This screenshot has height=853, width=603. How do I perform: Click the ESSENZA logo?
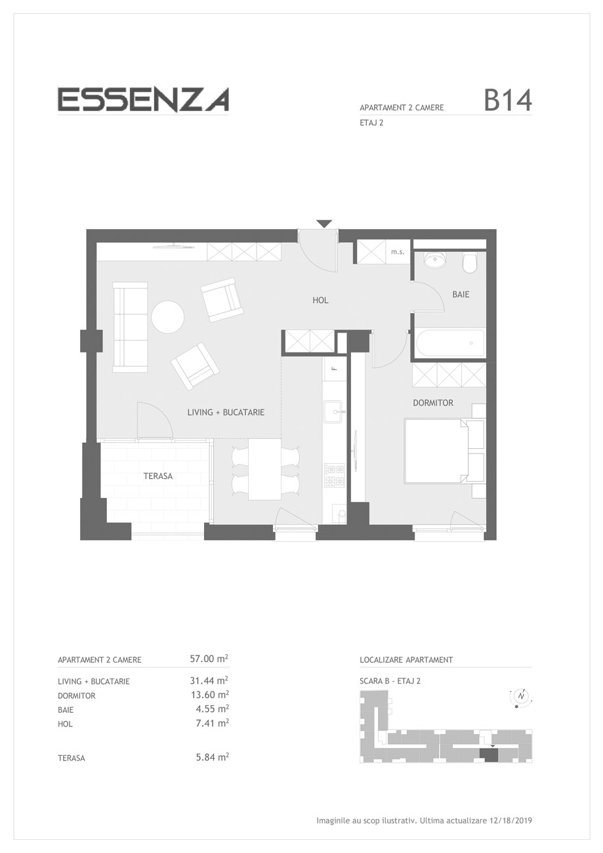(x=143, y=100)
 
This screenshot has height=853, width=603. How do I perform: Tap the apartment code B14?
(x=508, y=100)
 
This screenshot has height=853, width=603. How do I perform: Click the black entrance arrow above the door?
(x=324, y=224)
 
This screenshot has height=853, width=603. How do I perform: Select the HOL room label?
(x=320, y=301)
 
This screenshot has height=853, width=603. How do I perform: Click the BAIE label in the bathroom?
(x=461, y=295)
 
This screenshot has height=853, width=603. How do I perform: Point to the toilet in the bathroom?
(x=469, y=263)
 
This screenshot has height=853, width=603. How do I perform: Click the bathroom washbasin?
(x=435, y=260)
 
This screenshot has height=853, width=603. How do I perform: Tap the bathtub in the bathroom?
(x=450, y=343)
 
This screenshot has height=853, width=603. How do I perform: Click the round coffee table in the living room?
(x=167, y=317)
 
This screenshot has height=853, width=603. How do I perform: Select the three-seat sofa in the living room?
(x=130, y=327)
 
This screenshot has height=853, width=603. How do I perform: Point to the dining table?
(x=264, y=469)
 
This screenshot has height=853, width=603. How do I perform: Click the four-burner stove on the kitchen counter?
(x=335, y=475)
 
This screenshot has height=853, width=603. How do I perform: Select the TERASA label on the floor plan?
(x=158, y=476)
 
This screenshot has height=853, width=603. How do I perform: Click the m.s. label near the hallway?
(x=398, y=252)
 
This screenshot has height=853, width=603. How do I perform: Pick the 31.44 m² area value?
(x=209, y=680)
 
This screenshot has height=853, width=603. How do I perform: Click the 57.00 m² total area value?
(x=209, y=658)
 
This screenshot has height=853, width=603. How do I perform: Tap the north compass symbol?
(x=521, y=696)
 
